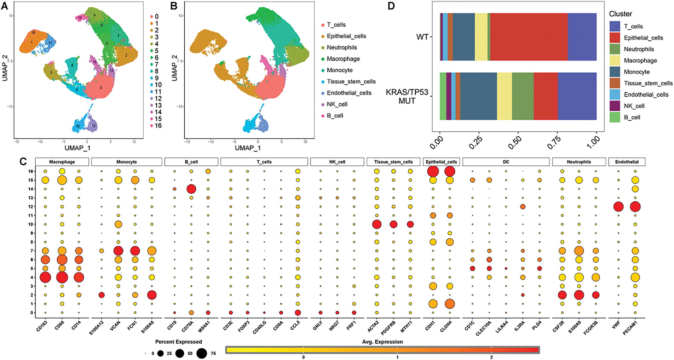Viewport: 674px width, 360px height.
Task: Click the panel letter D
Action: click(x=391, y=6)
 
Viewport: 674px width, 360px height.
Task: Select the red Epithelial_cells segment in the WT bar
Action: click(x=529, y=37)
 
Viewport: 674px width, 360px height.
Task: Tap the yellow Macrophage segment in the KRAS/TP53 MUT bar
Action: click(x=504, y=96)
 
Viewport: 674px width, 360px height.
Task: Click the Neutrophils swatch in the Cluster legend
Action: click(x=615, y=49)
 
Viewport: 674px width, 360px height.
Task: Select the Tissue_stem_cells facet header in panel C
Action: click(x=393, y=162)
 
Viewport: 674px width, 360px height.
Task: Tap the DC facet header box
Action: click(x=506, y=162)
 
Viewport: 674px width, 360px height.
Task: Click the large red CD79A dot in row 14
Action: click(x=191, y=189)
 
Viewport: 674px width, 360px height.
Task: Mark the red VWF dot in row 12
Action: click(x=618, y=207)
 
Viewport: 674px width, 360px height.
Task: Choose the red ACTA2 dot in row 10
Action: click(x=376, y=224)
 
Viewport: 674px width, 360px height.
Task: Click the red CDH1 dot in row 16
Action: click(x=433, y=171)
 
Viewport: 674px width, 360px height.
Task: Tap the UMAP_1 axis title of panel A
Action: click(x=77, y=148)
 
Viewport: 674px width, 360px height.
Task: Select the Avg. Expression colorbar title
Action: click(x=382, y=342)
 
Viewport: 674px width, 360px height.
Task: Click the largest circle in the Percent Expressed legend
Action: click(x=202, y=353)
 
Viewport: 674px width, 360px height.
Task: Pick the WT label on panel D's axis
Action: click(x=422, y=37)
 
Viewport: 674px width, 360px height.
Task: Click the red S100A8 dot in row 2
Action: click(x=151, y=295)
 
